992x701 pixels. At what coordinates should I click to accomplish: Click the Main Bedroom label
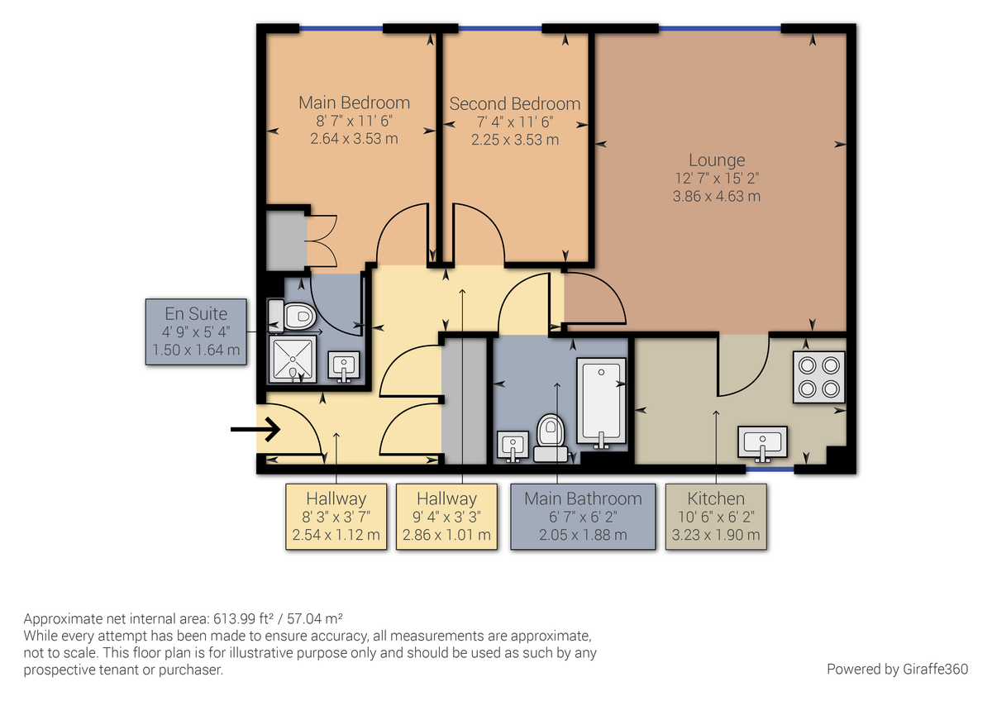coord(354,103)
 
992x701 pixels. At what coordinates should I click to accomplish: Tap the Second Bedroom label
coord(514,104)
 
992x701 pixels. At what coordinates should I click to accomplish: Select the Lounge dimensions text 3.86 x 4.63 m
coord(716,197)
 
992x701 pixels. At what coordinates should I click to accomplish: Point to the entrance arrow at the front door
coord(255,429)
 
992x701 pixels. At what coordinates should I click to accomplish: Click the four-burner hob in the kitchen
coord(818,377)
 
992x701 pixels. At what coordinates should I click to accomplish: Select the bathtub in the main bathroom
coord(600,402)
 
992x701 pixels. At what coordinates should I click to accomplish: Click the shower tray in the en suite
coord(290,360)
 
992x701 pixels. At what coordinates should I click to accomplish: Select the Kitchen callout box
coord(716,517)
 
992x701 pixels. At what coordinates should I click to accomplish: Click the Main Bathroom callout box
coord(583,517)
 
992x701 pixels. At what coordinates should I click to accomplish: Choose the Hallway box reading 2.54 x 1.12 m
coord(336,517)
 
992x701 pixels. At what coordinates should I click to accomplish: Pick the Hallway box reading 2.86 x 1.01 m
coord(446,517)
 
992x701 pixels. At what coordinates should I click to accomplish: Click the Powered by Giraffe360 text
coord(897,668)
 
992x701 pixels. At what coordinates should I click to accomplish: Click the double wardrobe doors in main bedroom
coord(321,241)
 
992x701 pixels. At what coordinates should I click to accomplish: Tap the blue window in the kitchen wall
coord(770,470)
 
